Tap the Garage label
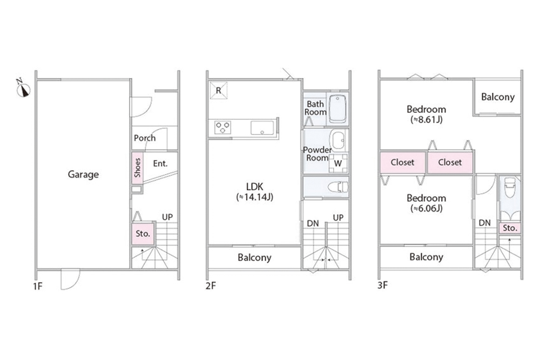click(x=83, y=174)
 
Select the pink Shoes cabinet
click(x=137, y=168)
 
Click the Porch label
click(x=145, y=138)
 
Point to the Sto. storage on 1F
click(x=143, y=234)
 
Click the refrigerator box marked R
click(x=218, y=90)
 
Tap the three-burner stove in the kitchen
click(x=222, y=128)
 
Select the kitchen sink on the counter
click(x=262, y=128)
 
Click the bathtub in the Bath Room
click(x=337, y=109)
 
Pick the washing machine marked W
click(x=338, y=163)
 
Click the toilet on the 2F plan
click(x=338, y=187)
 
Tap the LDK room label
click(x=255, y=187)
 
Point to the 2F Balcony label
click(x=254, y=257)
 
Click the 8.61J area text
click(x=427, y=119)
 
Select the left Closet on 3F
click(x=403, y=162)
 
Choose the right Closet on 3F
click(x=450, y=162)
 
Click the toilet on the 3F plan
click(x=510, y=188)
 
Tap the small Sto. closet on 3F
click(x=510, y=228)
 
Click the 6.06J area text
click(x=427, y=208)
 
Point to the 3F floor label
click(x=383, y=286)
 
